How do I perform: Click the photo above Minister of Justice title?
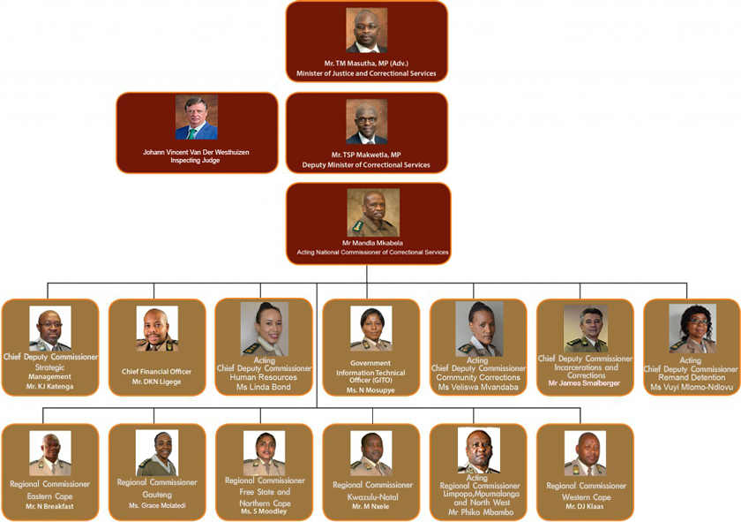pyautogui.click(x=367, y=30)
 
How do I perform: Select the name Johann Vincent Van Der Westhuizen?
pyautogui.click(x=196, y=152)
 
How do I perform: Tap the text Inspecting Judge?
pyautogui.click(x=195, y=161)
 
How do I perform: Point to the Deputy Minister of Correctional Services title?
pyautogui.click(x=366, y=164)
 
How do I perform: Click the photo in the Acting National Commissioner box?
pyautogui.click(x=373, y=213)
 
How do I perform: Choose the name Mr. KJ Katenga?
pyautogui.click(x=50, y=387)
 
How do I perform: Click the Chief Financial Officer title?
pyautogui.click(x=156, y=372)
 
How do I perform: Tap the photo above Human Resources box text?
pyautogui.click(x=265, y=329)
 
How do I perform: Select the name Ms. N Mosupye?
pyautogui.click(x=370, y=390)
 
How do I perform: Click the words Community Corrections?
pyautogui.click(x=478, y=378)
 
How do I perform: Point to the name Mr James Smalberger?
pyautogui.click(x=585, y=382)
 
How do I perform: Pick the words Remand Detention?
pyautogui.click(x=692, y=378)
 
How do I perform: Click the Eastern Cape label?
pyautogui.click(x=49, y=496)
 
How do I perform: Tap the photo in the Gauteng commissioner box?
pyautogui.click(x=157, y=453)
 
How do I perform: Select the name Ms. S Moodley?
pyautogui.click(x=264, y=511)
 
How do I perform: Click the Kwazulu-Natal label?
pyautogui.click(x=373, y=497)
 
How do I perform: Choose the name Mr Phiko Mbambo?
pyautogui.click(x=481, y=512)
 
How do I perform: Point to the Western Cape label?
pyautogui.click(x=587, y=497)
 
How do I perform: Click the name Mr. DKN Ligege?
pyautogui.click(x=156, y=382)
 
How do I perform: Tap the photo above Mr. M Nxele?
pyautogui.click(x=371, y=453)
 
